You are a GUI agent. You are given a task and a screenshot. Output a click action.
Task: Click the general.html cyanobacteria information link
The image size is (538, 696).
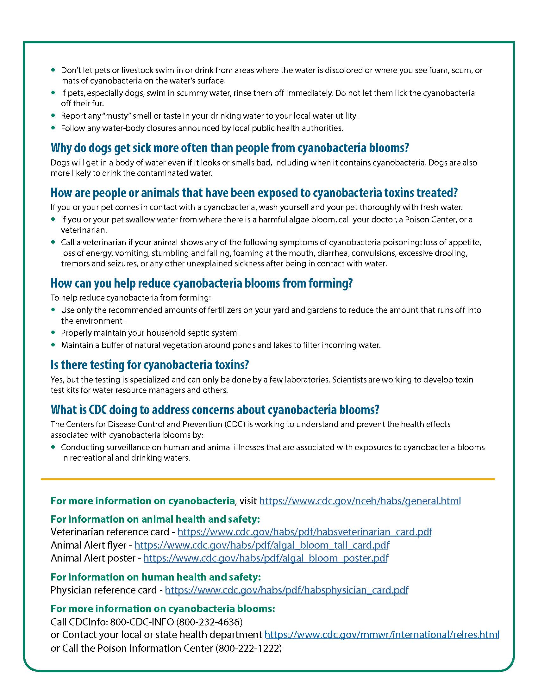click(360, 501)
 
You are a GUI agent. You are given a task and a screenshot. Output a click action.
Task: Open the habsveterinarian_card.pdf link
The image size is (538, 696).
click(304, 531)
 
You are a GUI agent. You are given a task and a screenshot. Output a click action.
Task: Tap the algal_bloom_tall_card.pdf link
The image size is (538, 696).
click(262, 545)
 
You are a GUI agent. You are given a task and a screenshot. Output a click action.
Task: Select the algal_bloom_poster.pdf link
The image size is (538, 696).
click(266, 558)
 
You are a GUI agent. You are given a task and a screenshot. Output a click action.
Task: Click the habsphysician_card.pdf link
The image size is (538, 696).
click(286, 590)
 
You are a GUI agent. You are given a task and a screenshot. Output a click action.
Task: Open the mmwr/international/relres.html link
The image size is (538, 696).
click(382, 635)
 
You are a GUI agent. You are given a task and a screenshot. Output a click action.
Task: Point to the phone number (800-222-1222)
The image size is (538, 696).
click(249, 648)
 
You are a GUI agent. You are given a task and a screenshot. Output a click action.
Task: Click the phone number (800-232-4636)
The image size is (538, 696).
click(210, 622)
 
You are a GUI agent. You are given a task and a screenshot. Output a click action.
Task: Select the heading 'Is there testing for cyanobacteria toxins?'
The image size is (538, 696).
click(149, 365)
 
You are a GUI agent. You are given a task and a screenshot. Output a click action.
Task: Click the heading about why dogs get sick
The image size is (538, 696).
click(229, 148)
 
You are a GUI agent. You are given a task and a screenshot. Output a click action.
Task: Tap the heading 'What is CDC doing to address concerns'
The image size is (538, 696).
click(215, 409)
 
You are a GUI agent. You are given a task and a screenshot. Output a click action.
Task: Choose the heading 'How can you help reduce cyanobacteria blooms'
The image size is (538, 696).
click(201, 283)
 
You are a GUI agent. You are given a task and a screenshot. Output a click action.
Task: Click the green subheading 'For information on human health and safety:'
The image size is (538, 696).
click(155, 577)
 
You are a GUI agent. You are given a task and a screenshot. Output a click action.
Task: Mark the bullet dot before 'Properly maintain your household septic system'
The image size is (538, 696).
click(53, 332)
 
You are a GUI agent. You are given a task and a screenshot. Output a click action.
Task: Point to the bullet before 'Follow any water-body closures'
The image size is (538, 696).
click(53, 128)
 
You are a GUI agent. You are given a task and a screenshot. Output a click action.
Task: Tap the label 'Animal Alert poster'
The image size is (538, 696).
click(93, 558)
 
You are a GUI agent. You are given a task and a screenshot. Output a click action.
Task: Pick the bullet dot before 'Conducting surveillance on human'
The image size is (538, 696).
click(53, 447)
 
